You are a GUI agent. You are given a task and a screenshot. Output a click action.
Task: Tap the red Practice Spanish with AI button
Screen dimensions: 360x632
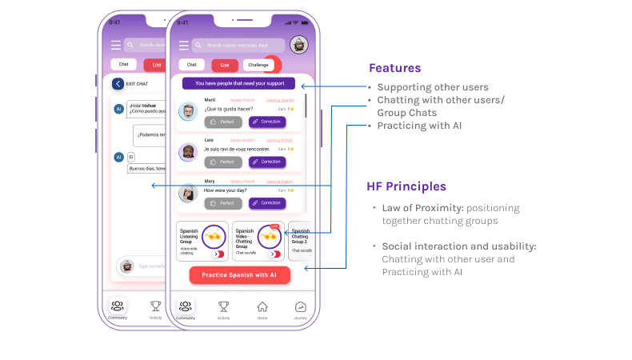click(240, 275)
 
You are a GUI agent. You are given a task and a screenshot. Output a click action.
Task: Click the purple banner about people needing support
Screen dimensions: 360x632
click(238, 83)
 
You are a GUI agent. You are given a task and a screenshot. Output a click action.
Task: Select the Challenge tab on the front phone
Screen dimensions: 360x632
click(258, 65)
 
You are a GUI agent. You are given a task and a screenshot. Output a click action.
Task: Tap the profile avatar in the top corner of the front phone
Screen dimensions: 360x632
click(298, 45)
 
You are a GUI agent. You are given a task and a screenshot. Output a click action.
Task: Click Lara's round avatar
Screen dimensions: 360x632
click(188, 152)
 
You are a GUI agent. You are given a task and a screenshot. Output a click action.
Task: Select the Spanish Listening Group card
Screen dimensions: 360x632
click(202, 241)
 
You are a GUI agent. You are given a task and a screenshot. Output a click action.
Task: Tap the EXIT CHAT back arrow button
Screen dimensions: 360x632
click(118, 83)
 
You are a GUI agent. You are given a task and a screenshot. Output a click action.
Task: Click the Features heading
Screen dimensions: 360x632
click(394, 69)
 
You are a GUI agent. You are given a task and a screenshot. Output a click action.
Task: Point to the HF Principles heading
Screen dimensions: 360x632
click(406, 186)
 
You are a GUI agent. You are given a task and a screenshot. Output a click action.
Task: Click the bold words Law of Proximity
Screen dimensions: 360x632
click(422, 208)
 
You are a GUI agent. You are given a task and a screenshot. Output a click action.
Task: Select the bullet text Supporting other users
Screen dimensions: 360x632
click(433, 87)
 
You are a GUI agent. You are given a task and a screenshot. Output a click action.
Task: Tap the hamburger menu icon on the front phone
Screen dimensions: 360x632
click(184, 46)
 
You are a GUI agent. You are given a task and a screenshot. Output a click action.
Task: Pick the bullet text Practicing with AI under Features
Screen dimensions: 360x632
click(420, 126)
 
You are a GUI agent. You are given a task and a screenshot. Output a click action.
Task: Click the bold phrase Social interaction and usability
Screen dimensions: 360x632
click(459, 246)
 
